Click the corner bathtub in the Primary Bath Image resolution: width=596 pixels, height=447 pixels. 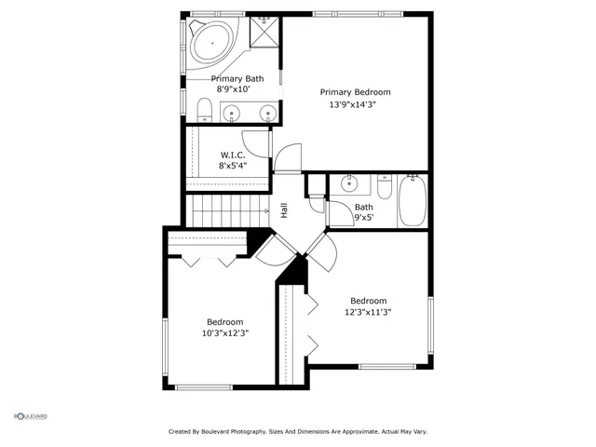211,43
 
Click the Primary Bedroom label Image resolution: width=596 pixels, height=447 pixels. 355,92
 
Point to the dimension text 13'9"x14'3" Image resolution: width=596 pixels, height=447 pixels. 355,104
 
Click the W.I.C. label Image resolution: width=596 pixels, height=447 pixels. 232,154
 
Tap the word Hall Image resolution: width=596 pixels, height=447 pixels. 284,211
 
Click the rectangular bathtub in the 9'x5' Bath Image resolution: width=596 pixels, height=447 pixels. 411,200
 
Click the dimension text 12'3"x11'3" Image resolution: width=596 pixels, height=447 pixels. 368,313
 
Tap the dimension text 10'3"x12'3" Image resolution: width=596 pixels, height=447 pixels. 224,332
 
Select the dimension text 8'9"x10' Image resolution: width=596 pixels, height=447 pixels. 237,90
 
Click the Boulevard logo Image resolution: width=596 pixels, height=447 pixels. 30,415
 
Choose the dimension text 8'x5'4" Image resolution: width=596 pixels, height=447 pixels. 232,166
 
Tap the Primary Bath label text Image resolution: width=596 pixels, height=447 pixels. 237,79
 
